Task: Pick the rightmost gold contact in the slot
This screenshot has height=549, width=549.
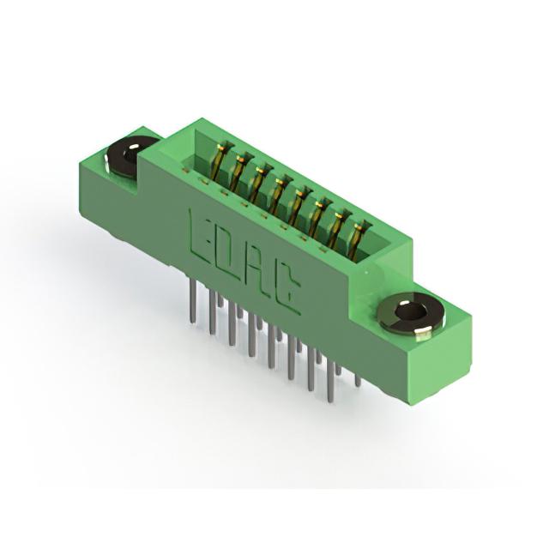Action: tap(355, 238)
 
